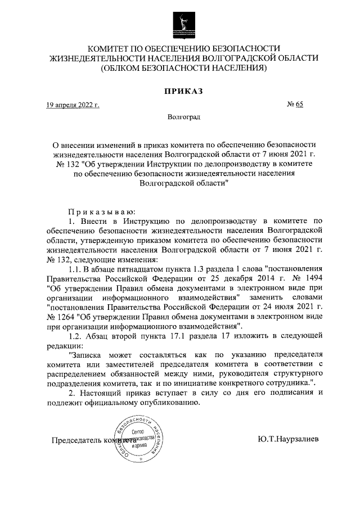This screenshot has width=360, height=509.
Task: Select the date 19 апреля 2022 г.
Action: tap(73, 105)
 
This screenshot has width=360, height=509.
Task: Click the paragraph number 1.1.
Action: tap(74, 268)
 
